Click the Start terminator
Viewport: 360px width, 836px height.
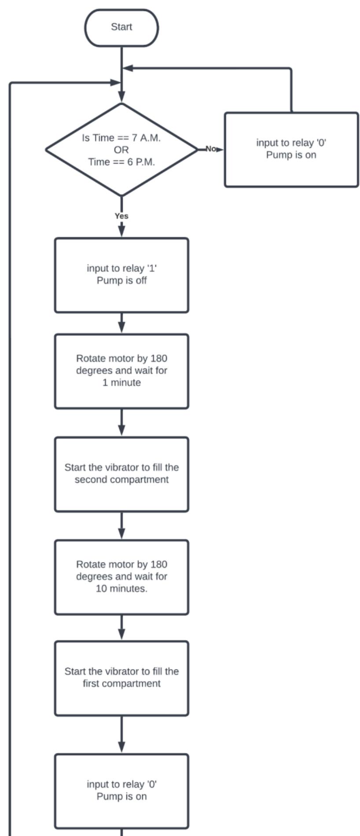pyautogui.click(x=121, y=27)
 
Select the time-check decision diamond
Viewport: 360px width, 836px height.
pyautogui.click(x=121, y=150)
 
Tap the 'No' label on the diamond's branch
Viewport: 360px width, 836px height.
pyautogui.click(x=211, y=149)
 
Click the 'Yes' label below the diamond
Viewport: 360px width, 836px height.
pyautogui.click(x=121, y=216)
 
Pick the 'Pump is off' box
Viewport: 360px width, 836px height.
pyautogui.click(x=121, y=275)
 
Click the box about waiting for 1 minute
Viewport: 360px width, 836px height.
pyautogui.click(x=121, y=371)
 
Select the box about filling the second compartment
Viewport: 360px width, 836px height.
pyautogui.click(x=121, y=474)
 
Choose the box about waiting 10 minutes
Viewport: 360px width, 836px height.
pyautogui.click(x=121, y=577)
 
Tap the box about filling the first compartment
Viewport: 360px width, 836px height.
pyautogui.click(x=121, y=678)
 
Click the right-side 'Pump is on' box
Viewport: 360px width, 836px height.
pyautogui.click(x=291, y=150)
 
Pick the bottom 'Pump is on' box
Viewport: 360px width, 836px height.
pyautogui.click(x=121, y=791)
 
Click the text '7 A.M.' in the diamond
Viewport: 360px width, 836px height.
pyautogui.click(x=146, y=138)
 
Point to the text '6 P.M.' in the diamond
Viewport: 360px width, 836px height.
pyautogui.click(x=141, y=162)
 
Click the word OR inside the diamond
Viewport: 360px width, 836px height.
pyautogui.click(x=121, y=150)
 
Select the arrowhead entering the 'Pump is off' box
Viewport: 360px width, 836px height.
pyautogui.click(x=121, y=231)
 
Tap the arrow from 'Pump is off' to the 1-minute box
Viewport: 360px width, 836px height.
pyautogui.click(x=121, y=324)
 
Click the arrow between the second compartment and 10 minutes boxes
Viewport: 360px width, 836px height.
pyautogui.click(x=121, y=526)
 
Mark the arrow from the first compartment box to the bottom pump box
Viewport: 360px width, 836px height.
pyautogui.click(x=121, y=735)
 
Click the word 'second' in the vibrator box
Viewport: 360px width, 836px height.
pyautogui.click(x=91, y=480)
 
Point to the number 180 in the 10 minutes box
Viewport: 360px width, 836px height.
pyautogui.click(x=159, y=565)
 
